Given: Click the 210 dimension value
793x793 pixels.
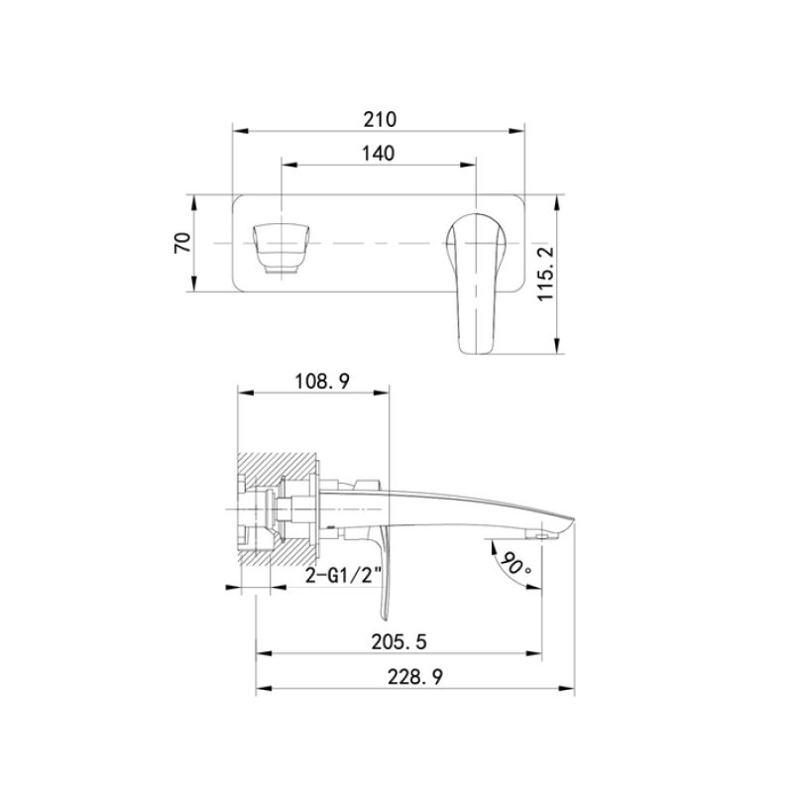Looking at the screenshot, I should click(x=379, y=119).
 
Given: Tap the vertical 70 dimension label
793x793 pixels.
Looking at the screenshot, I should click(x=182, y=243).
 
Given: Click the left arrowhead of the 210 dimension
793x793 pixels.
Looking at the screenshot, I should click(x=239, y=130).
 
